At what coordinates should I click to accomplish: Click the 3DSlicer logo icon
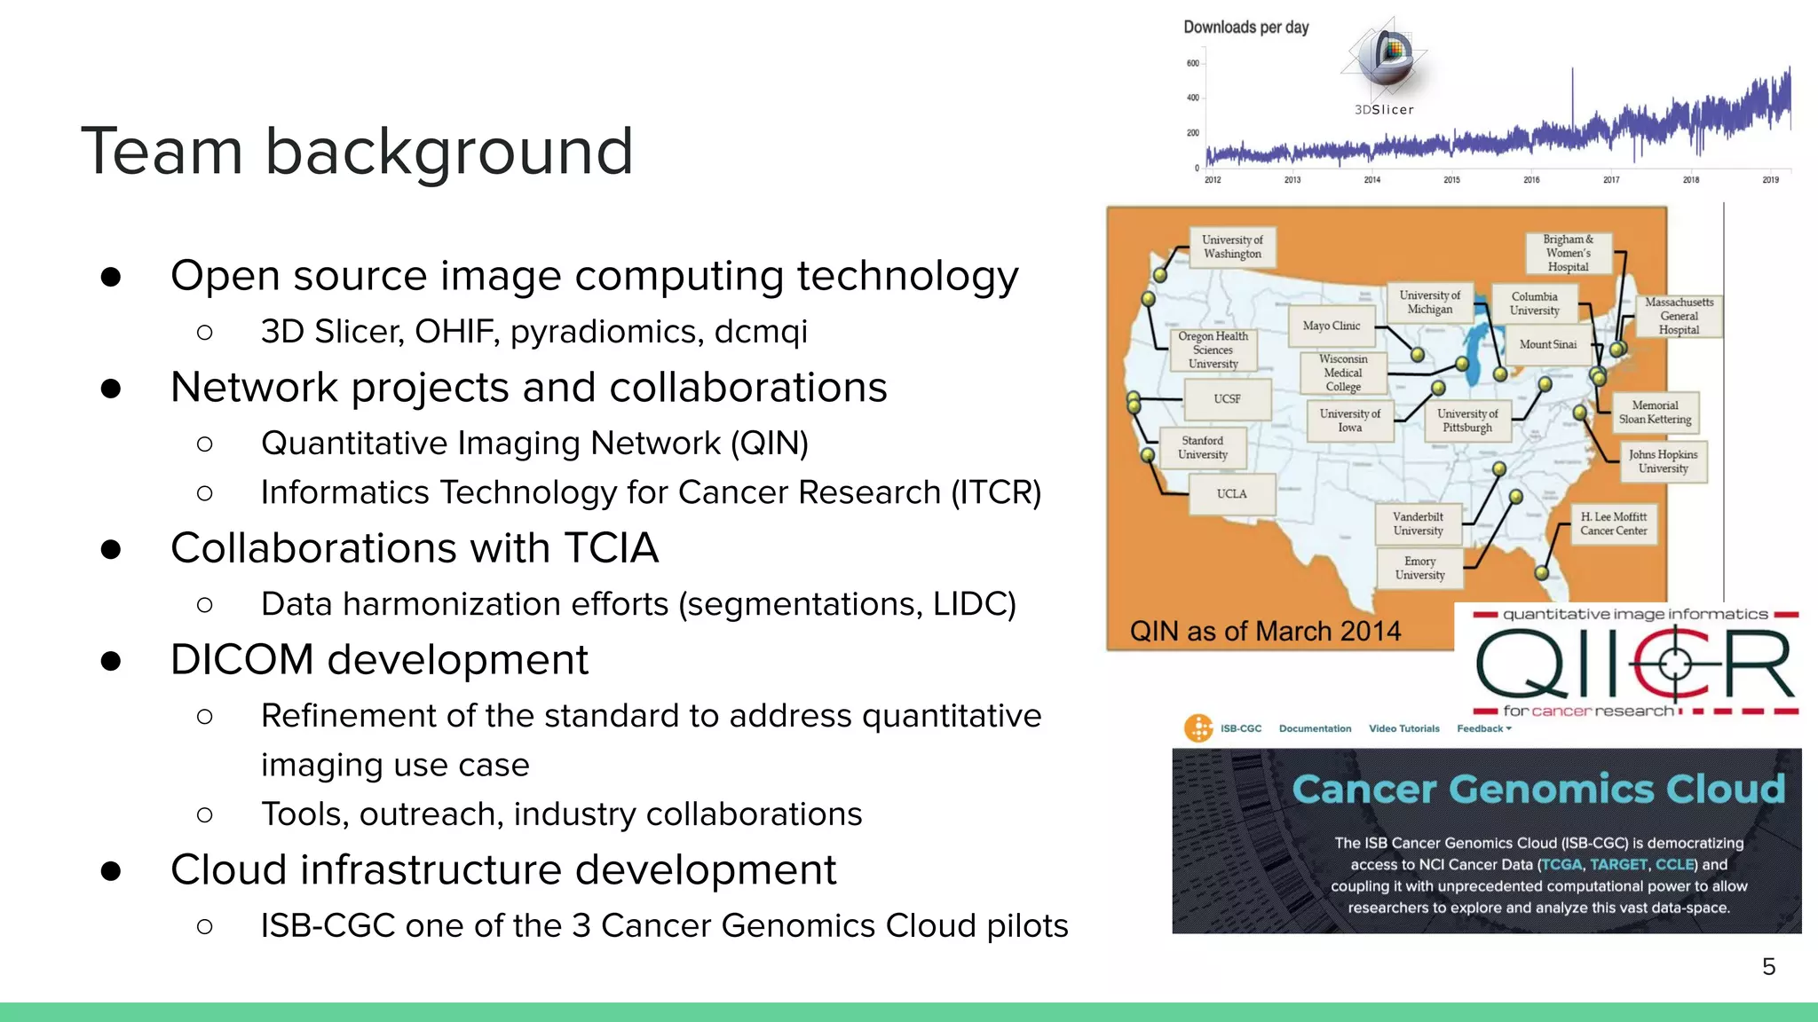point(1387,58)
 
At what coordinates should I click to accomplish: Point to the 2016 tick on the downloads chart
point(1531,179)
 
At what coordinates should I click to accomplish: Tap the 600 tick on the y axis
point(1192,63)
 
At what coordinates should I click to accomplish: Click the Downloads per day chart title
point(1245,28)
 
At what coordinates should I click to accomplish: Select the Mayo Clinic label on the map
point(1331,326)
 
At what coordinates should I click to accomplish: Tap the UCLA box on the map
point(1231,494)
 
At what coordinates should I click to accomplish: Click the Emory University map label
point(1419,568)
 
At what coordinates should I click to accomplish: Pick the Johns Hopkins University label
point(1663,461)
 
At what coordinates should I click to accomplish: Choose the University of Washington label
point(1232,247)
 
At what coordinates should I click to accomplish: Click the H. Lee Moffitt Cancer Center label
point(1613,523)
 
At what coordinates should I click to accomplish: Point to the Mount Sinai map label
point(1547,344)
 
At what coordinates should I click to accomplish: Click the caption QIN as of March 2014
point(1265,631)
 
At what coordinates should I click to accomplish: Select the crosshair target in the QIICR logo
point(1674,664)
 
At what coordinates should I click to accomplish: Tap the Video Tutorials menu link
point(1403,728)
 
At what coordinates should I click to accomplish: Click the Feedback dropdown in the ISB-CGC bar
point(1483,728)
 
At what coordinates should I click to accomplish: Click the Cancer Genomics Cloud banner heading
point(1537,789)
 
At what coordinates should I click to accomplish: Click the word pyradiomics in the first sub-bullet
point(606,332)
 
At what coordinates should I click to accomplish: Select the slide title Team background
point(357,151)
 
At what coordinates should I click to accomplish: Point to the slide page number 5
point(1768,966)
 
